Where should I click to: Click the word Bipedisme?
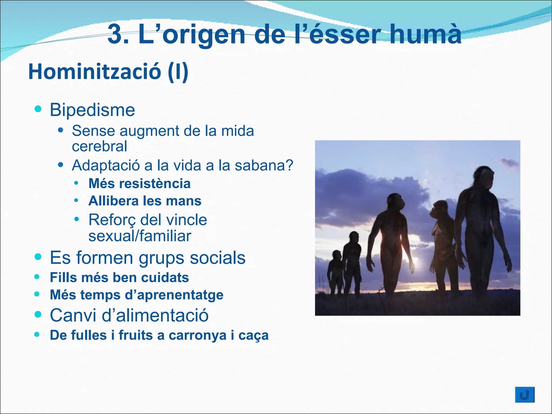click(x=92, y=110)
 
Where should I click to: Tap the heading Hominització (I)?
click(x=108, y=72)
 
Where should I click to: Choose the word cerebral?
click(x=99, y=146)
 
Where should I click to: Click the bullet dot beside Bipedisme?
click(x=38, y=109)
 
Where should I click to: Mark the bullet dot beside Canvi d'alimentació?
click(x=38, y=314)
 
